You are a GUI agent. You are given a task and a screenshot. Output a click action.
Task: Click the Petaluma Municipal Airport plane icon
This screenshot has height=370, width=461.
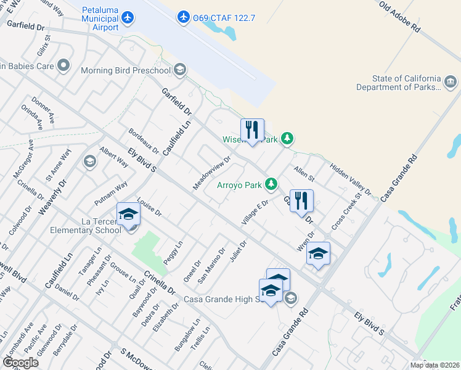(x=128, y=17)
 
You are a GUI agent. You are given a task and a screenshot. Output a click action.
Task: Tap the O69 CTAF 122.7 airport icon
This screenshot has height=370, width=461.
(x=183, y=17)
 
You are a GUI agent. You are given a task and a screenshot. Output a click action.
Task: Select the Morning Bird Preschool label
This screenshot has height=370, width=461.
(x=126, y=70)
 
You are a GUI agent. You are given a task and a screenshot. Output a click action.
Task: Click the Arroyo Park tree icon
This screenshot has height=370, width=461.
(x=271, y=184)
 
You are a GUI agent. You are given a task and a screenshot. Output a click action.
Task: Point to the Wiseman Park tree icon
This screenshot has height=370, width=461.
(x=287, y=139)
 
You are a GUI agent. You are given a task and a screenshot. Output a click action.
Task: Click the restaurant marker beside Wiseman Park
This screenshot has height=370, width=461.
(x=252, y=130)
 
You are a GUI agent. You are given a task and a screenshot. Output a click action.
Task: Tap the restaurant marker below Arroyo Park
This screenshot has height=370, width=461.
(x=301, y=201)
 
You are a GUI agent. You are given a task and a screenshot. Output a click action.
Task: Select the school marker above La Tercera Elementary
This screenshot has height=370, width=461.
(x=128, y=215)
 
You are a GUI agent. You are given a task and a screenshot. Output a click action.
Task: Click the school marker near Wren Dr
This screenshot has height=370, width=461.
(x=318, y=253)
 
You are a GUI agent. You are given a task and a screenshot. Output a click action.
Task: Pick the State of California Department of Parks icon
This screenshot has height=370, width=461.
(x=452, y=82)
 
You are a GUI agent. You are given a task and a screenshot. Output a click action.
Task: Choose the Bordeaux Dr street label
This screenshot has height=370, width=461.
(x=144, y=141)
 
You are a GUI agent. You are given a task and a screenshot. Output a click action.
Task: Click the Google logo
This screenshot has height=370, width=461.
(x=20, y=362)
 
